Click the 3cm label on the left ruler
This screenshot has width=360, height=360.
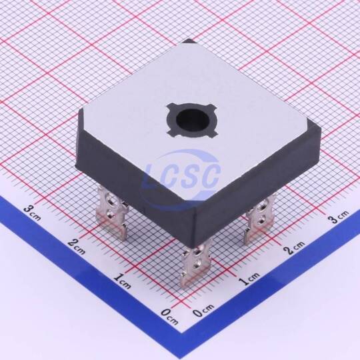click(x=33, y=213)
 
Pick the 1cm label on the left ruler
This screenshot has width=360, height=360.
click(x=123, y=282)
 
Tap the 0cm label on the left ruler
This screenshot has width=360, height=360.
click(x=169, y=317)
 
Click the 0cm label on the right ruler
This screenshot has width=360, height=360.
click(x=203, y=311)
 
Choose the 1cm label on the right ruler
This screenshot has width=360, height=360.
click(x=249, y=277)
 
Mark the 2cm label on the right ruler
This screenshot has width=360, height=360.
click(x=296, y=247)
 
